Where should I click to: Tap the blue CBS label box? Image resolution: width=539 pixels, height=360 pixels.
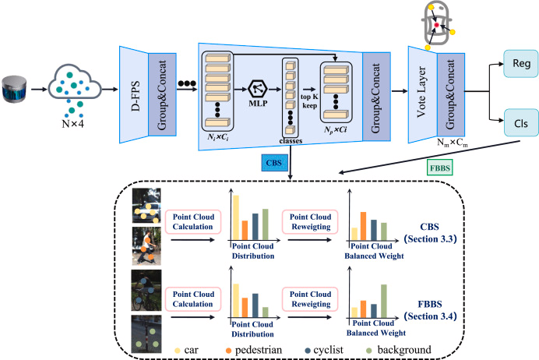[273, 164]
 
